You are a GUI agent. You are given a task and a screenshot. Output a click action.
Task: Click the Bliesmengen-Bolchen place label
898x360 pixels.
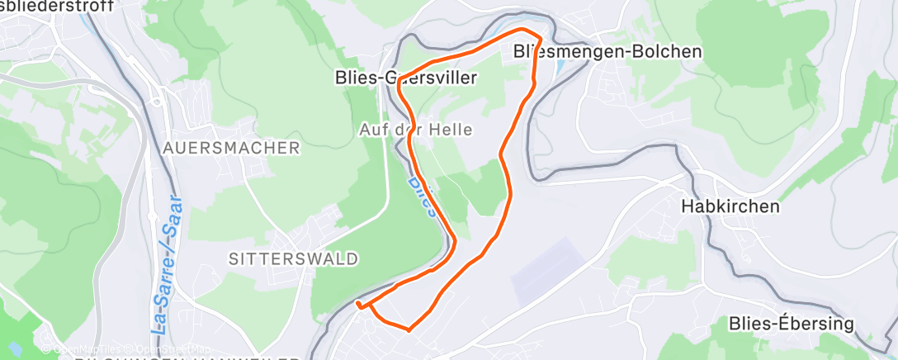(x=607, y=51)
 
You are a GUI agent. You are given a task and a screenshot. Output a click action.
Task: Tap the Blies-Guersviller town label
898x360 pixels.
(x=405, y=76)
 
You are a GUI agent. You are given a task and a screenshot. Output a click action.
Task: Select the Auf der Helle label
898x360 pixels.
(x=416, y=130)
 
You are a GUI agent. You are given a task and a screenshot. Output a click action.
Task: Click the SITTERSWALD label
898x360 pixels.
(x=294, y=258)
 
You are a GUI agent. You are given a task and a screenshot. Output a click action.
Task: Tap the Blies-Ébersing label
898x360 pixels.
(x=791, y=324)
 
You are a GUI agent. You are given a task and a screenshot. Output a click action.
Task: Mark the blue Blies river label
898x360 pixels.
(x=422, y=197)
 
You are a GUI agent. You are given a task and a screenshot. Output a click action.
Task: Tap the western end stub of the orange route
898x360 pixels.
(x=358, y=306)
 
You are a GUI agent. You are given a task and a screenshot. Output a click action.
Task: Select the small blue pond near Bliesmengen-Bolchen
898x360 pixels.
(x=561, y=64)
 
